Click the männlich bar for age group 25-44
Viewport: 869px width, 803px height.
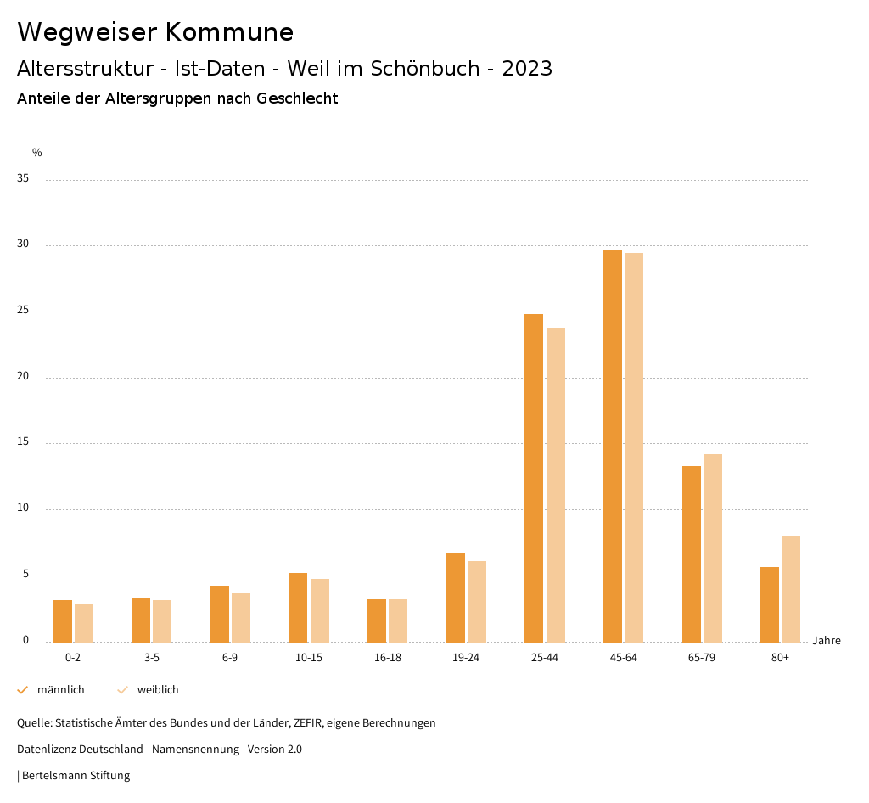534,478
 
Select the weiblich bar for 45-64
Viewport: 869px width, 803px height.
634,447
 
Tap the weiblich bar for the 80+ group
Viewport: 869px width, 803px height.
791,588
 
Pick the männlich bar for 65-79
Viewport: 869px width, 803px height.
692,553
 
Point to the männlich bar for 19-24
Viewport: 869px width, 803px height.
456,597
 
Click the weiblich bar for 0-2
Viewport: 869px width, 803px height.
84,623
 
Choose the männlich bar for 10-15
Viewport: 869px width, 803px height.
298,607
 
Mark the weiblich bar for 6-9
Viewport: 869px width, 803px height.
241,617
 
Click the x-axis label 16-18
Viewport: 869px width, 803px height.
387,658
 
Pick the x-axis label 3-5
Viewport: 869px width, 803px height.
151,658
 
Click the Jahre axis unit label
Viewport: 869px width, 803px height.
826,641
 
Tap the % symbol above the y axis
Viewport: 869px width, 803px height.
37,153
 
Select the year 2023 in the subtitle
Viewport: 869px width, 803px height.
527,69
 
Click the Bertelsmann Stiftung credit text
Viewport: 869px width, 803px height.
76,776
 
